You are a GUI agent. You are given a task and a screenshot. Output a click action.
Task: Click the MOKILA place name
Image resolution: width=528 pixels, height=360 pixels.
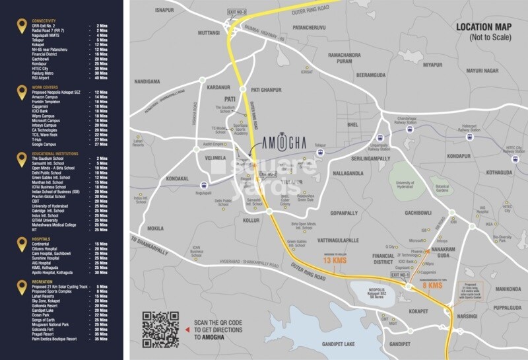pyautogui.click(x=156, y=227)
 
